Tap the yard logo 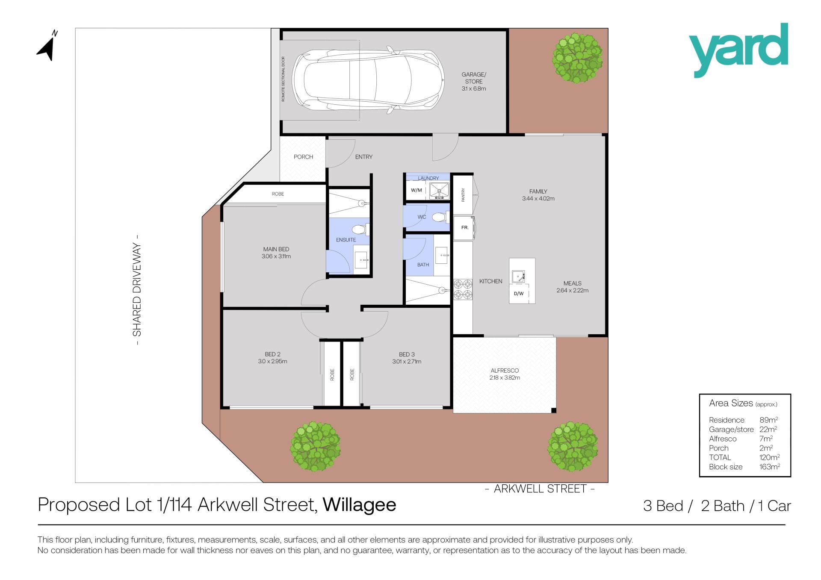(738, 50)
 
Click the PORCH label (303, 157)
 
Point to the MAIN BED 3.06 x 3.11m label (276, 253)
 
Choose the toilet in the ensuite (361, 230)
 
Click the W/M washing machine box (416, 191)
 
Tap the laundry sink (439, 191)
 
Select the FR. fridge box (464, 228)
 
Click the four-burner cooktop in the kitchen (463, 289)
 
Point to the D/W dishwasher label (518, 294)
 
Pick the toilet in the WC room (439, 218)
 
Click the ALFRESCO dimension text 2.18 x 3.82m (505, 378)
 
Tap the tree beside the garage (577, 59)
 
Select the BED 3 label (407, 354)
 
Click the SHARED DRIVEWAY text (137, 290)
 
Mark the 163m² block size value (770, 467)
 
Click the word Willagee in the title (360, 505)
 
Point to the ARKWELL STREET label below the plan (540, 489)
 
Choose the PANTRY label (463, 195)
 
